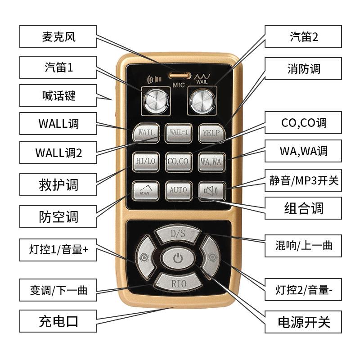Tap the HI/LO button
[146, 162]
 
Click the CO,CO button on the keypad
[179, 162]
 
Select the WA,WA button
[211, 162]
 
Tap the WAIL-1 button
[178, 133]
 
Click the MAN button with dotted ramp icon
[145, 191]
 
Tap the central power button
[178, 258]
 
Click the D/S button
[178, 234]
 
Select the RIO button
[178, 283]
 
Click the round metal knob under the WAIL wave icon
[202, 101]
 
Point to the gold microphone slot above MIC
[180, 75]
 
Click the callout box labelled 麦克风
[58, 37]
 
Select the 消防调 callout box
[303, 69]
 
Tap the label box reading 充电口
[58, 321]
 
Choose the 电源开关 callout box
[303, 322]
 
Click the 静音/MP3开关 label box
[303, 180]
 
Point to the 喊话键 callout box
[58, 95]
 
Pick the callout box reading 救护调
[58, 184]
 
